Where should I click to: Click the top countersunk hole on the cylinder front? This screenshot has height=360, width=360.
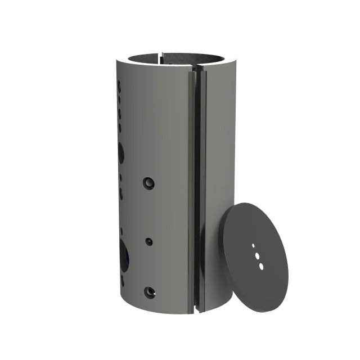coord(148,183)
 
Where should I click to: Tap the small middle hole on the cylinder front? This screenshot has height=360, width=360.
coord(149,241)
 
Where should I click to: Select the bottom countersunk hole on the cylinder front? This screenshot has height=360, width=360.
coord(149,292)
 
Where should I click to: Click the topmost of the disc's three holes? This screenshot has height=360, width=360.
coord(254,246)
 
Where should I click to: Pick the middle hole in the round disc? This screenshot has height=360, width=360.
coord(256,254)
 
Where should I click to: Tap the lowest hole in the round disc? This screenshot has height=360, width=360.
coord(259,263)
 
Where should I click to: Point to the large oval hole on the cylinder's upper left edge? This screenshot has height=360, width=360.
coord(121,151)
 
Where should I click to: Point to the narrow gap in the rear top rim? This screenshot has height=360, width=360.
coord(161,55)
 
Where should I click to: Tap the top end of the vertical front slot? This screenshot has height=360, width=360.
coord(197,71)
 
